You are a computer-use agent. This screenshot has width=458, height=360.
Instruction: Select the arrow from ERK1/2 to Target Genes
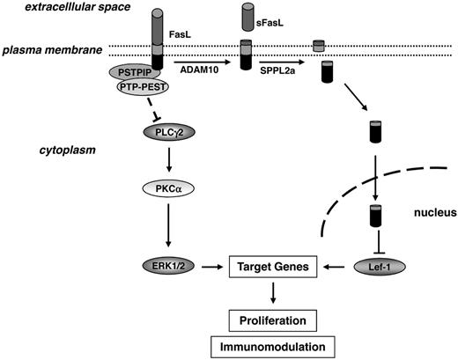pos(210,264)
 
